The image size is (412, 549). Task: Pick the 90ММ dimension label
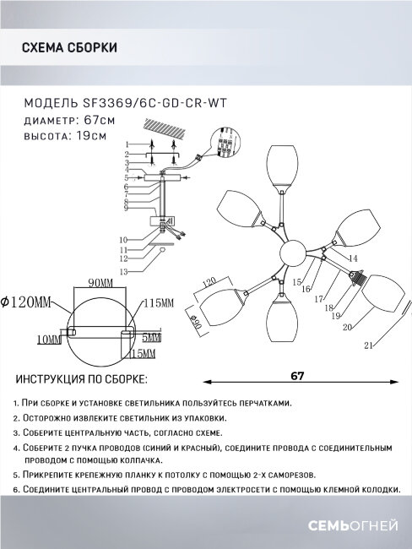(100, 283)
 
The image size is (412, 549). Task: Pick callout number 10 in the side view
(123, 240)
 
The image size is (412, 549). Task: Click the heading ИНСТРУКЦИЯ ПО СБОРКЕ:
(82, 379)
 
